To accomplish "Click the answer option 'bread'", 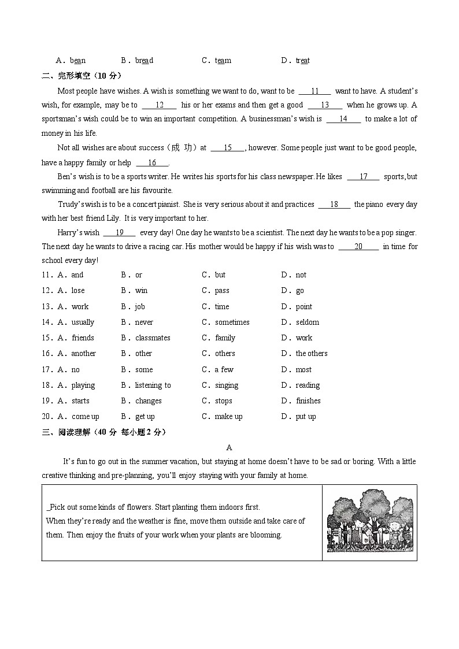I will [x=144, y=61].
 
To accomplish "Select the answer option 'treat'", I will [x=302, y=61].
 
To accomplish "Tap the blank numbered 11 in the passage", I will [x=315, y=91].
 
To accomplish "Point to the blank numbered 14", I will [x=343, y=119].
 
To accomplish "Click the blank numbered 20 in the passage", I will [x=358, y=247].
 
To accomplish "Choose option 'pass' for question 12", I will [x=222, y=291].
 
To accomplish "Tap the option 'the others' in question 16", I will [x=311, y=354].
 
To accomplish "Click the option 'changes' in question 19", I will [x=148, y=401].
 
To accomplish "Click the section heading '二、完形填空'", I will [x=65, y=76].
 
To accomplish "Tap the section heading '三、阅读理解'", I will [x=65, y=432].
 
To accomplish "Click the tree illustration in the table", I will [x=370, y=521].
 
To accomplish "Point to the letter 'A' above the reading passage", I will [x=229, y=447].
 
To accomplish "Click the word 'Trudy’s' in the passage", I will [x=72, y=205].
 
